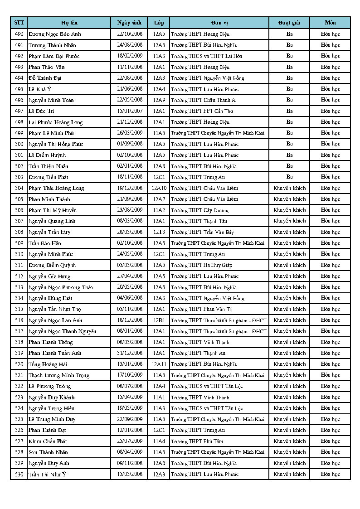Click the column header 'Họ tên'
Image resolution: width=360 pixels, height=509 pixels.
(x=69, y=23)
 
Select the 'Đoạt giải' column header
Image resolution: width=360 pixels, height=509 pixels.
(x=289, y=23)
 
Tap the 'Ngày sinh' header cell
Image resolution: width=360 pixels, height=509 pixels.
(x=129, y=23)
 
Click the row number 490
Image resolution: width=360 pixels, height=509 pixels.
(x=19, y=34)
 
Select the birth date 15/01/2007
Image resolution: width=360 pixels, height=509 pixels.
(x=130, y=111)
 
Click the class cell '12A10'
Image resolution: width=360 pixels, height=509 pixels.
(x=159, y=188)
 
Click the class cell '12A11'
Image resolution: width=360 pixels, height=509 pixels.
(x=159, y=364)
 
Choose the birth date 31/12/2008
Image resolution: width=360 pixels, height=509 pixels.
(x=130, y=353)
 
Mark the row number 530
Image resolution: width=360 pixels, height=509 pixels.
(x=19, y=474)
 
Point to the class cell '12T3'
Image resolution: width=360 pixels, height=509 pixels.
(x=159, y=232)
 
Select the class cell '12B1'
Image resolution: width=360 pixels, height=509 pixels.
(x=159, y=320)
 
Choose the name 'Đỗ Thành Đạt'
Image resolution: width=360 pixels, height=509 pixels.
(x=45, y=78)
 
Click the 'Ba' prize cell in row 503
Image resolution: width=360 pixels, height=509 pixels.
(x=289, y=177)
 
